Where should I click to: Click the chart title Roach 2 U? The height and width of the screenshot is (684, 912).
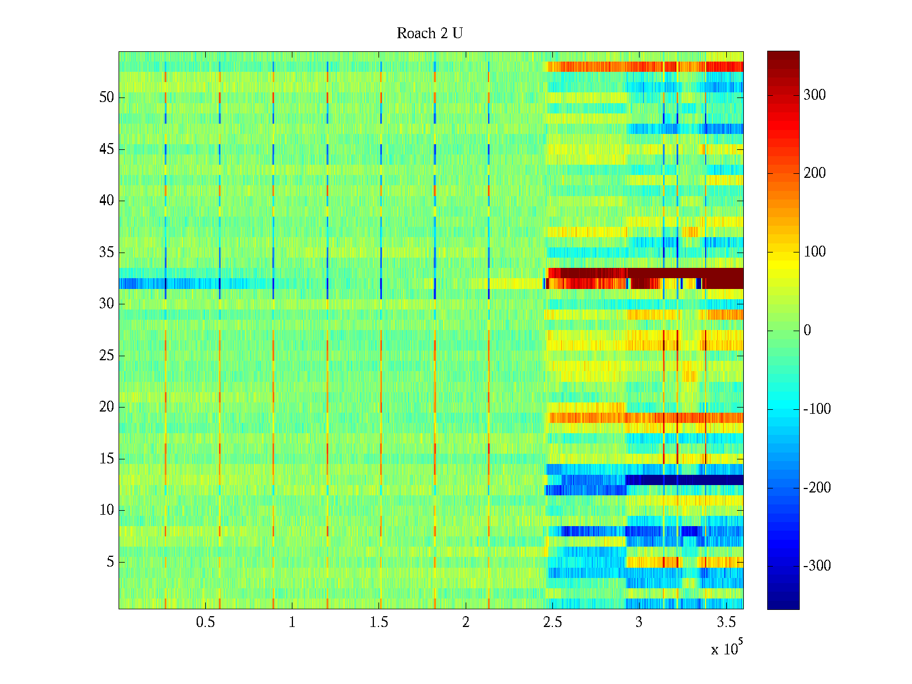point(429,34)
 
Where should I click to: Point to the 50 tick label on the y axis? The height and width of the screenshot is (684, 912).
point(107,97)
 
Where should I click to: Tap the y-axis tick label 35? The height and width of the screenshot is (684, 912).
point(107,253)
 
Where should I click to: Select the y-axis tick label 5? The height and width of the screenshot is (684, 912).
point(110,562)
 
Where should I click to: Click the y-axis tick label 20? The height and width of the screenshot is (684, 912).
point(107,407)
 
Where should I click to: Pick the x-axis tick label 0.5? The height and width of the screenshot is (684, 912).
point(205,622)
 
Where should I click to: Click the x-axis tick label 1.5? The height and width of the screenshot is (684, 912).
point(379,622)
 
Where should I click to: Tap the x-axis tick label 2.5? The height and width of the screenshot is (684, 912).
point(552,622)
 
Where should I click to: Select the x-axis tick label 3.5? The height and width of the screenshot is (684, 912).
point(726,622)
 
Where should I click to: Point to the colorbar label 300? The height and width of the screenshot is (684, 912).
point(815,95)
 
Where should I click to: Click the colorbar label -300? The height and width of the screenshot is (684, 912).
point(817,566)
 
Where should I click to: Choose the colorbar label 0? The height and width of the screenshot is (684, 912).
point(807,331)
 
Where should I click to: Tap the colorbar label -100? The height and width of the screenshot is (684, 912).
point(817,409)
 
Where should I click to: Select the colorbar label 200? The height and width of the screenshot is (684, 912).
point(815,173)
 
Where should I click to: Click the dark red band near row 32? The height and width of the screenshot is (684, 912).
point(684,278)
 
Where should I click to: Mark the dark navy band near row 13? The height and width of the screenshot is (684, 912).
point(684,480)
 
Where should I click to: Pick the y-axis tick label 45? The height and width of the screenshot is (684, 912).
point(107,149)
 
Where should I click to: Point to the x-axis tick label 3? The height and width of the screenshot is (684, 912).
point(639,622)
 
